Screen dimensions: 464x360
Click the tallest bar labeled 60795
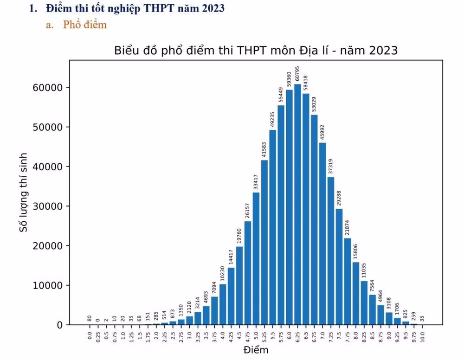coord(297,205)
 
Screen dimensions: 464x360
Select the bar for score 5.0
coord(256,258)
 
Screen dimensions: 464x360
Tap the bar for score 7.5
coord(339,267)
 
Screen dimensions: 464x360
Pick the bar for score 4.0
coord(223,304)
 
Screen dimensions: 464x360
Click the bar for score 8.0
coord(356,294)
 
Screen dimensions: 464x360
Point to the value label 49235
coord(272,119)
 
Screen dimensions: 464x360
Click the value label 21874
coord(347,228)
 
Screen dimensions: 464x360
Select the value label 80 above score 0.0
coord(90,318)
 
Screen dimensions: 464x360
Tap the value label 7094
coord(214,288)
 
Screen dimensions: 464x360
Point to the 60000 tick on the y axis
coord(48,88)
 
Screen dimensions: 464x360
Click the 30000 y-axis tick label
coord(48,206)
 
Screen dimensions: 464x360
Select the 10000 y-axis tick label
coord(48,285)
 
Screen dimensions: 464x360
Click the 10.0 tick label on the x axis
coord(422,337)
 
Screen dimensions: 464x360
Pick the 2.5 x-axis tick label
coord(173,336)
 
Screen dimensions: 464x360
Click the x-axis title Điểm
coord(256,350)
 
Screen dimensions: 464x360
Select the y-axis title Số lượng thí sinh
coord(23,193)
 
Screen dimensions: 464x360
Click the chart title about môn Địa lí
coord(256,51)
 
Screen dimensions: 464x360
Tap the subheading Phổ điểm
coord(85,25)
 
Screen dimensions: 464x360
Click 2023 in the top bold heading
coord(213,8)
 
